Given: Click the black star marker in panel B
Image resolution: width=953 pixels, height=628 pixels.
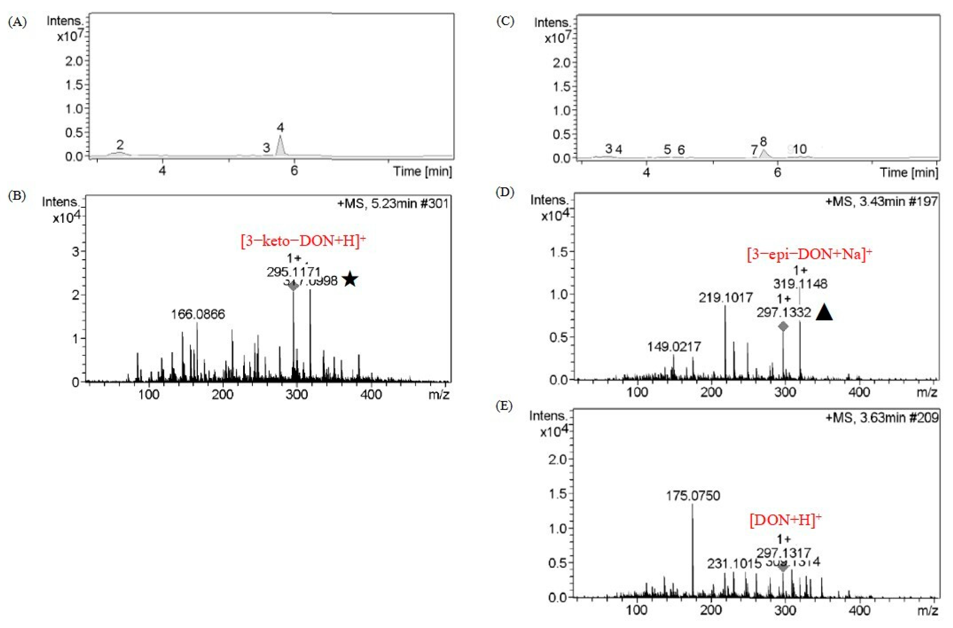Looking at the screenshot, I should [350, 279].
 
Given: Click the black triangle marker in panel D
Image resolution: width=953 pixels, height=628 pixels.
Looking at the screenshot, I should [824, 312].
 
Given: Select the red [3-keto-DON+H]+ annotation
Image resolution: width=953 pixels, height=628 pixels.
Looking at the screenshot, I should [303, 241].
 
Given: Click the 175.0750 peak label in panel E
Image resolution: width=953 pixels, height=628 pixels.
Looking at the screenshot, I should [693, 496].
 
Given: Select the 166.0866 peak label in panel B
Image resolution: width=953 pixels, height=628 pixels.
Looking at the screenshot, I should [198, 314].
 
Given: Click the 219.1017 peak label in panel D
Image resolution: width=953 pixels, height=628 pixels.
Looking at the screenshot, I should [726, 298].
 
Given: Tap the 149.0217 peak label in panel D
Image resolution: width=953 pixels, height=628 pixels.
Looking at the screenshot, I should [674, 347].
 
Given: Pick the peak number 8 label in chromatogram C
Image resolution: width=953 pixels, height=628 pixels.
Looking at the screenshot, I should [763, 141].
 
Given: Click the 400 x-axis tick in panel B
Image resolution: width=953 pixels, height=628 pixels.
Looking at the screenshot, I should [371, 395].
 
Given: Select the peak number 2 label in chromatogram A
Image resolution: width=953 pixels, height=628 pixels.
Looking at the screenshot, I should [120, 144].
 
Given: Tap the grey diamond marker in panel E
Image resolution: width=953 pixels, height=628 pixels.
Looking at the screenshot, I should [783, 567].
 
